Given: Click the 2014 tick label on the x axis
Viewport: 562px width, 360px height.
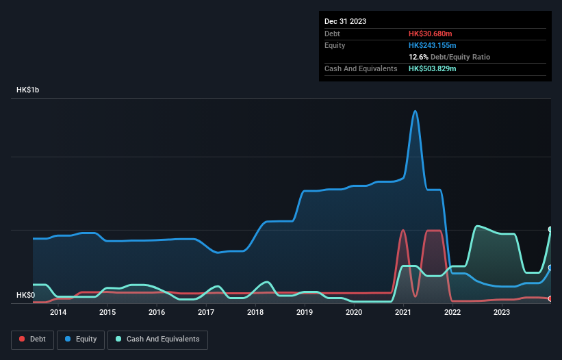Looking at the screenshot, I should point(58,313).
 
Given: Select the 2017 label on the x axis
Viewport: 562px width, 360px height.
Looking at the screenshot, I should point(206,313).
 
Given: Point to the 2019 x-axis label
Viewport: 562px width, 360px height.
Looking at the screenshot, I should point(305,313).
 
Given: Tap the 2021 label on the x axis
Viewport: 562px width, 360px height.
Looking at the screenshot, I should point(403,313).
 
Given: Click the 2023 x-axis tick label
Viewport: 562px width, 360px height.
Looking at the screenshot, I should point(502,313).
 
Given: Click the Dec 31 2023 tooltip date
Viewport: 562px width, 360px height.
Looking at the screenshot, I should point(345,21).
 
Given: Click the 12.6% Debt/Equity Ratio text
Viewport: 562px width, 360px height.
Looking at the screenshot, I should point(449,57).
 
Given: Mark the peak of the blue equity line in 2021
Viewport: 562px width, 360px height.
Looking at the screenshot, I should point(415,111).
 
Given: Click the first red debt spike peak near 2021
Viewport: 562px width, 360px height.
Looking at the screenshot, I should point(403,230).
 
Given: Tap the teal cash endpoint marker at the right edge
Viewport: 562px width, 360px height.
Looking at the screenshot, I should point(550,229).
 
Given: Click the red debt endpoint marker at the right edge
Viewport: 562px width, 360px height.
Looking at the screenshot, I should point(550,298).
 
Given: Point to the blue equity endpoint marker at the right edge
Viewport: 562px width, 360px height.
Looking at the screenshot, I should point(550,268).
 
